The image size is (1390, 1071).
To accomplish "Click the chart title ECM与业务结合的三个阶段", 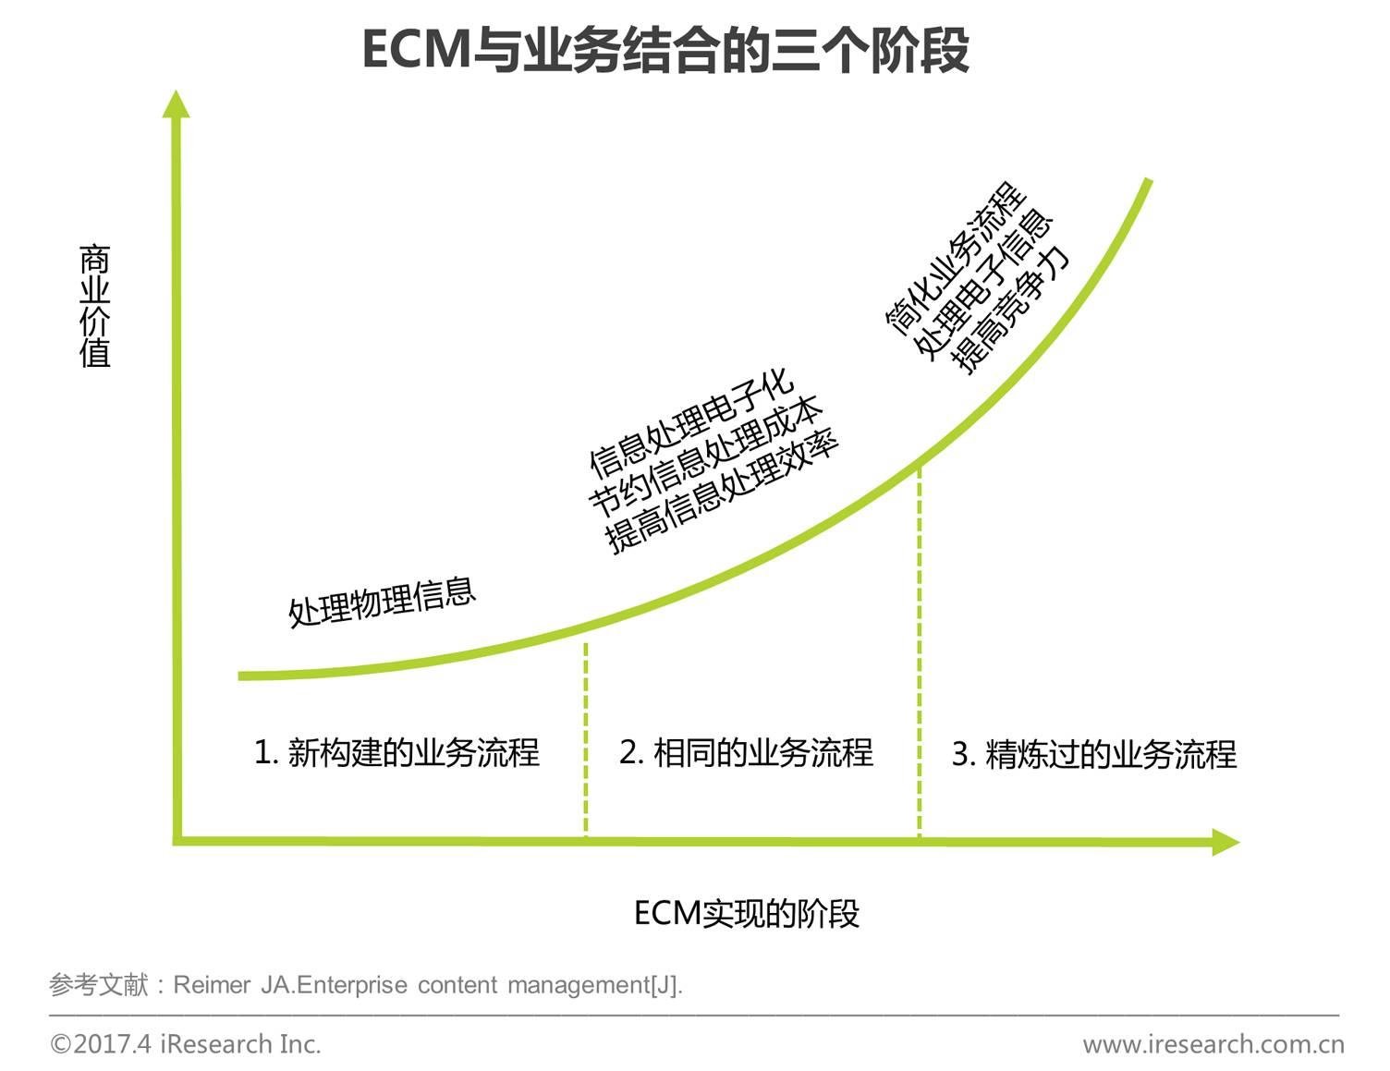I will coord(665,50).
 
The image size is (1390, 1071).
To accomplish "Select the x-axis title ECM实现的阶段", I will coord(747,913).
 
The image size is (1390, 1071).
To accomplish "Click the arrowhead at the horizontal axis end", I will coord(1225,842).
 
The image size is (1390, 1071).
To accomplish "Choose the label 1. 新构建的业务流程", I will coord(396,752).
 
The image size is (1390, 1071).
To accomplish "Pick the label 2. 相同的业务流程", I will coord(746,752).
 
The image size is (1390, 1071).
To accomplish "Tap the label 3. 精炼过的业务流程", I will coord(1093,754).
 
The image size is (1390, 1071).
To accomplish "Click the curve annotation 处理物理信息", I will coord(382,602).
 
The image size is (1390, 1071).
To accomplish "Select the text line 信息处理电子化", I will coord(691,424).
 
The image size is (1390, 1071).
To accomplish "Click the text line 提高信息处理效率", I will coord(723,492).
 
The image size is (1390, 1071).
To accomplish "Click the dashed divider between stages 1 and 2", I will coord(586,739).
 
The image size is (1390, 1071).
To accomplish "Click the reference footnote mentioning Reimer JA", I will coord(366,985).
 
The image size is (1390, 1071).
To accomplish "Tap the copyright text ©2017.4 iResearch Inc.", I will coord(186,1044).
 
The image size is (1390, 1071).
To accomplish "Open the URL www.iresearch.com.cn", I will coord(1213,1044).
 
